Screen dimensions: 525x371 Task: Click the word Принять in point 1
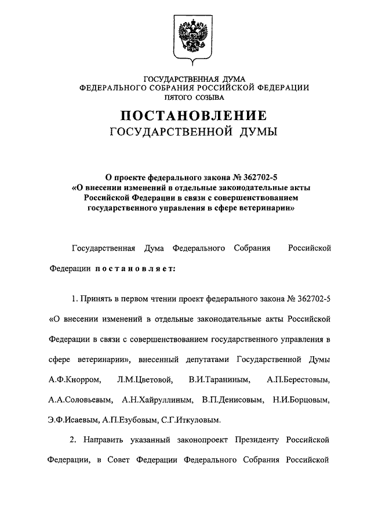click(x=96, y=299)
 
